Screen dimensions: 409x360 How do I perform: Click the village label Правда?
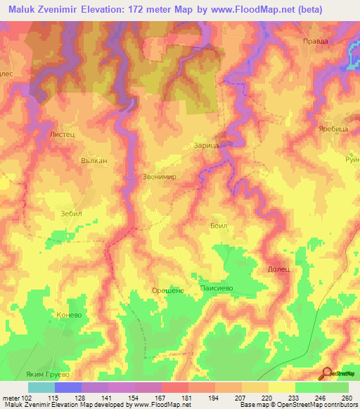click(x=315, y=41)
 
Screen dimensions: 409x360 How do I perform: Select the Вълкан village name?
click(x=94, y=160)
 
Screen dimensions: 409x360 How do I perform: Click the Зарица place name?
click(x=207, y=145)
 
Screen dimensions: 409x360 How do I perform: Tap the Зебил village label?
click(x=72, y=212)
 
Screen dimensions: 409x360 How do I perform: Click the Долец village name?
click(x=279, y=268)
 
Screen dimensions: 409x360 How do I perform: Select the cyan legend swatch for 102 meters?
click(x=41, y=387)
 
